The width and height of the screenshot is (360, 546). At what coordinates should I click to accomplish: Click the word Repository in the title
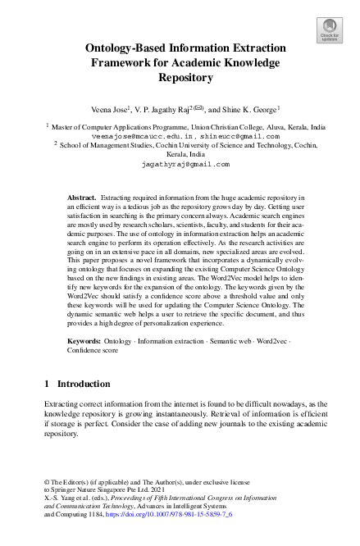click(x=180, y=78)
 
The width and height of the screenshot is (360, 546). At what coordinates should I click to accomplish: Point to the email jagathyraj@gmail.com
click(x=180, y=163)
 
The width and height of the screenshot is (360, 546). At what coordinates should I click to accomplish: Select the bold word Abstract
click(x=81, y=198)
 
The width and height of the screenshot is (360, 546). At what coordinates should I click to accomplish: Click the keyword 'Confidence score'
click(x=93, y=348)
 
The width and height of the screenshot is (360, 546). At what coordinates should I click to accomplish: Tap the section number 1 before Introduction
click(x=47, y=383)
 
